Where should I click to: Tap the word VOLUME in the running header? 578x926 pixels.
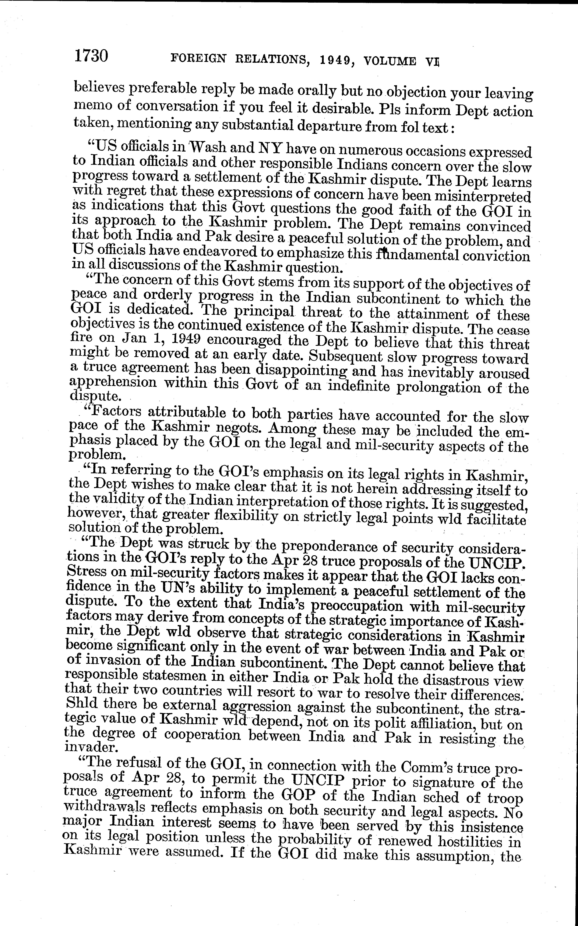390,61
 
